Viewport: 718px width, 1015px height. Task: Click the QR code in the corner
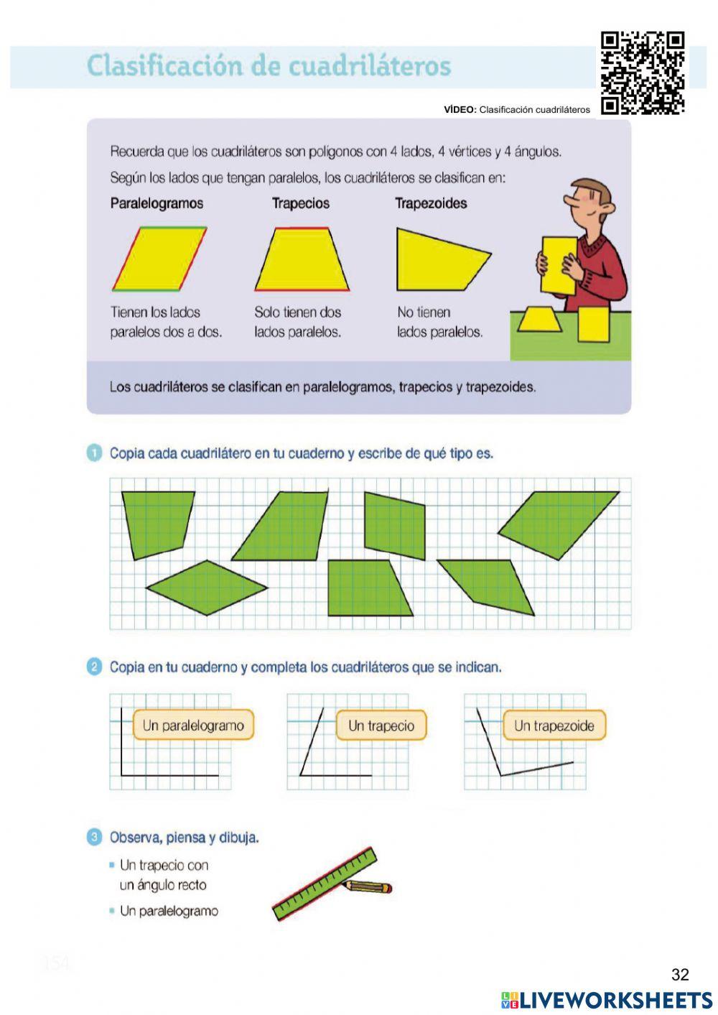[642, 73]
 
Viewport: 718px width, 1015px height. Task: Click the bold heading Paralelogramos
[157, 203]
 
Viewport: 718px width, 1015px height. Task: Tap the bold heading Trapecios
[300, 203]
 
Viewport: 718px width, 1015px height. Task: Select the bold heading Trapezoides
[431, 203]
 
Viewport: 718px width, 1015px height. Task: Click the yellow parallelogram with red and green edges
[159, 259]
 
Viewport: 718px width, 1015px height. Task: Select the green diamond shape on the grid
[207, 588]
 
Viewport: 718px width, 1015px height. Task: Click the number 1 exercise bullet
[94, 453]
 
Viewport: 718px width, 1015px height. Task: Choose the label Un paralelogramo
[193, 726]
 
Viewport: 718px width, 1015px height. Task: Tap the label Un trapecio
[381, 726]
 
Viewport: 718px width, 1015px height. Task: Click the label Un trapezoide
[554, 726]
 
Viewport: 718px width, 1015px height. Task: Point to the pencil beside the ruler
[368, 887]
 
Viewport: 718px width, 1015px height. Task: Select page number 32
[679, 975]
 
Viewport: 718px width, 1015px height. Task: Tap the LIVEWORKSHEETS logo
[607, 1000]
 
